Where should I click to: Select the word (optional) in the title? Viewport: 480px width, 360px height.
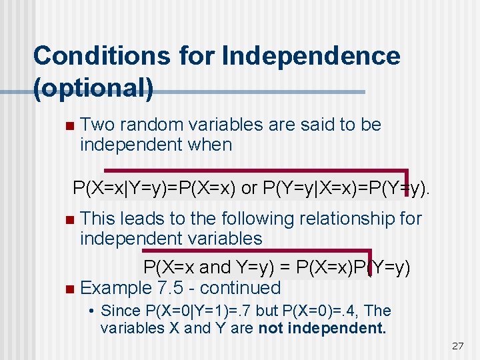tap(93, 88)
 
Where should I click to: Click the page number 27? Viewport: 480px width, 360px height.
tap(457, 345)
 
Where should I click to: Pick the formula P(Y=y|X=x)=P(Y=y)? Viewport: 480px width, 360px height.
tap(347, 189)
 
